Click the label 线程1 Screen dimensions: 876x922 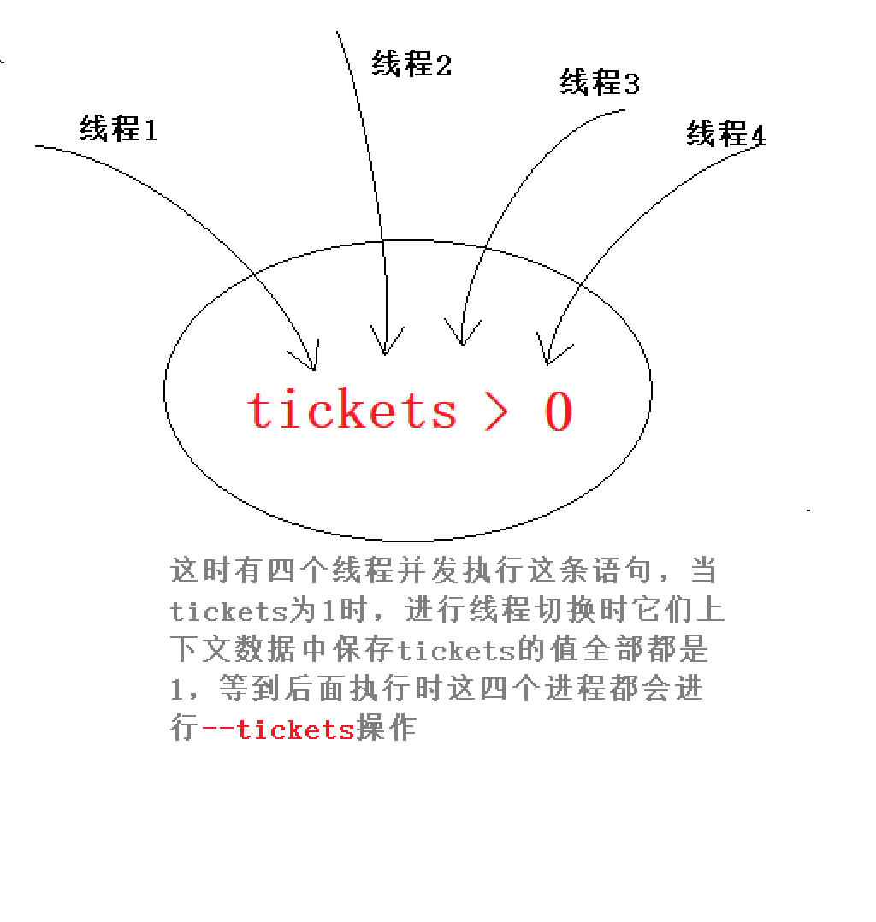118,128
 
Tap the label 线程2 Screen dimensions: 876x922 411,62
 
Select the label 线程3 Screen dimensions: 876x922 599,83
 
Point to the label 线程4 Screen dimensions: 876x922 725,133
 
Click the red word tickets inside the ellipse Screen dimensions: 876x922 352,410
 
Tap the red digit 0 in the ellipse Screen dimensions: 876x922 558,411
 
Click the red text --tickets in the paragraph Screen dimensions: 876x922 277,730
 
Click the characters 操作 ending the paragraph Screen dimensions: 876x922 386,730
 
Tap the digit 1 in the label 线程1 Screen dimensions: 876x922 150,129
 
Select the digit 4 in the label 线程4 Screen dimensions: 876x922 757,135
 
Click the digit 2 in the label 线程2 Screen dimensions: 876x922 443,64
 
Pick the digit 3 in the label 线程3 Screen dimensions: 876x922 630,84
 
